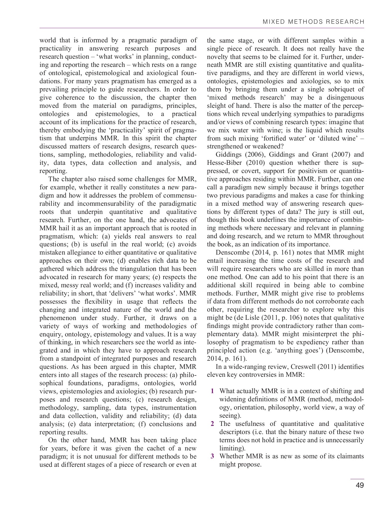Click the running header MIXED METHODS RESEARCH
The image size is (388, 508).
click(313, 22)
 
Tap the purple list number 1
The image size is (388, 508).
click(213, 391)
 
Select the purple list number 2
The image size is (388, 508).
click(213, 424)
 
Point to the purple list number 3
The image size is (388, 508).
click(213, 456)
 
